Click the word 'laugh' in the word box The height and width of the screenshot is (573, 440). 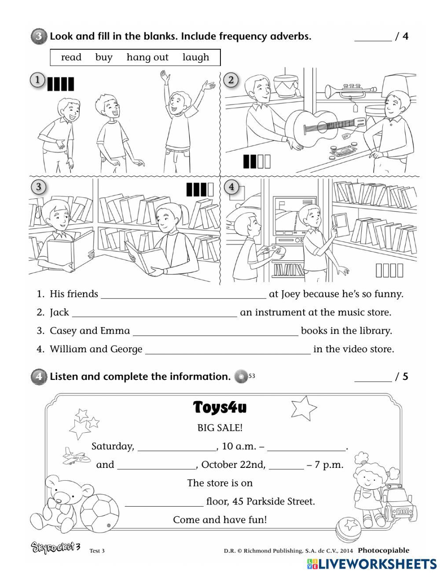(x=196, y=57)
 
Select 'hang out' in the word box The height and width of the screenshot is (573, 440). (x=147, y=57)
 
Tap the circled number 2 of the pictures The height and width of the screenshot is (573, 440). (x=231, y=80)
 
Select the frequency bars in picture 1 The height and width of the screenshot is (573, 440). (x=60, y=84)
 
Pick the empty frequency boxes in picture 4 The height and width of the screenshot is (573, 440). (x=389, y=270)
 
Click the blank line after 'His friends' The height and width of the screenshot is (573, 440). (x=183, y=295)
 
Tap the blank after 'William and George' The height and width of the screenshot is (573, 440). (x=227, y=350)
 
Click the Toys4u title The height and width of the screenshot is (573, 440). (x=220, y=408)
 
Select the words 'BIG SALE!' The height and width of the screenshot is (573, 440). (x=220, y=427)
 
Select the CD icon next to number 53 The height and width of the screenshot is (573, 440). (x=241, y=377)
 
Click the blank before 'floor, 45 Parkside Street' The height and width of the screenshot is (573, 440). (x=164, y=502)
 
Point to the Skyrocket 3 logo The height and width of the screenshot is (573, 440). (x=55, y=548)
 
